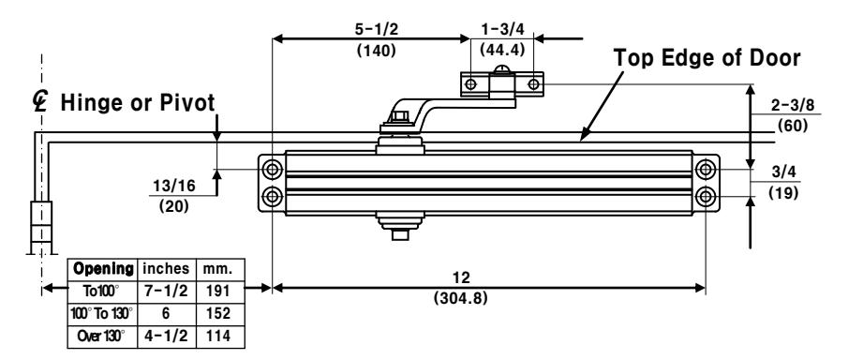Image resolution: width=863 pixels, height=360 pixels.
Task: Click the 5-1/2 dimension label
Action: tap(376, 29)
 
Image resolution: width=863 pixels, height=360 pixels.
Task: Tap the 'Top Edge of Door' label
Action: tap(707, 58)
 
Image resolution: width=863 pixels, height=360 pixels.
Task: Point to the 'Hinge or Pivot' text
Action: tap(137, 102)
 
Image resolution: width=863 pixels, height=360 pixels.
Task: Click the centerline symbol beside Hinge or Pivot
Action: tap(40, 101)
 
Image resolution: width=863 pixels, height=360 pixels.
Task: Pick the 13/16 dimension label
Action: tap(173, 186)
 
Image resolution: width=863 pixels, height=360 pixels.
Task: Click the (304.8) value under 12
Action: tap(461, 299)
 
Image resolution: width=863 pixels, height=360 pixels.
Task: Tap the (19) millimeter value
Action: tap(783, 193)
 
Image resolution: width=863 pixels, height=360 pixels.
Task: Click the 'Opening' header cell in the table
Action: tap(103, 269)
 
